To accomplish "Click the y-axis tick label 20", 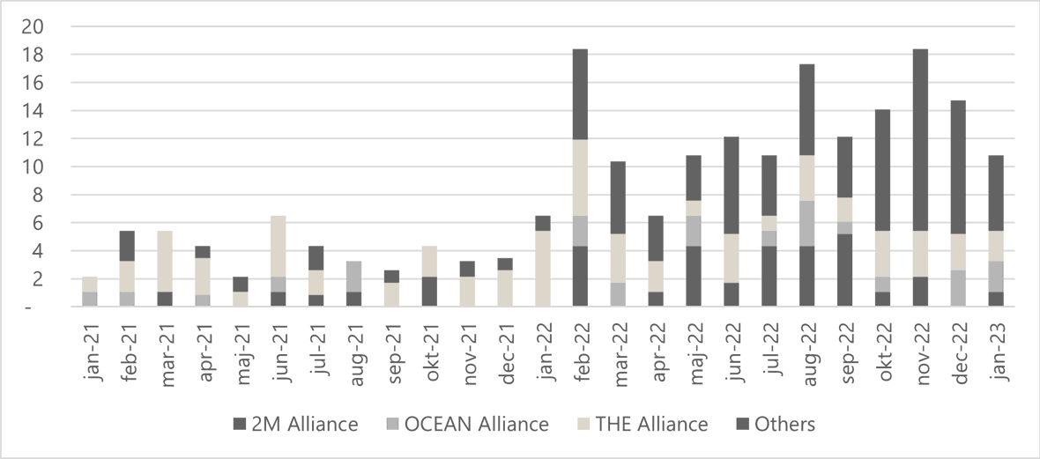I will tap(32, 26).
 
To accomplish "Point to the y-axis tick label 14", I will tap(32, 111).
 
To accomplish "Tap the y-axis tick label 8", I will tap(35, 195).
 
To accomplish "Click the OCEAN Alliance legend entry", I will tap(476, 425).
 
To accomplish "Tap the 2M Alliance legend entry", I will tap(304, 425).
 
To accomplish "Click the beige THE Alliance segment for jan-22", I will tap(542, 269).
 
